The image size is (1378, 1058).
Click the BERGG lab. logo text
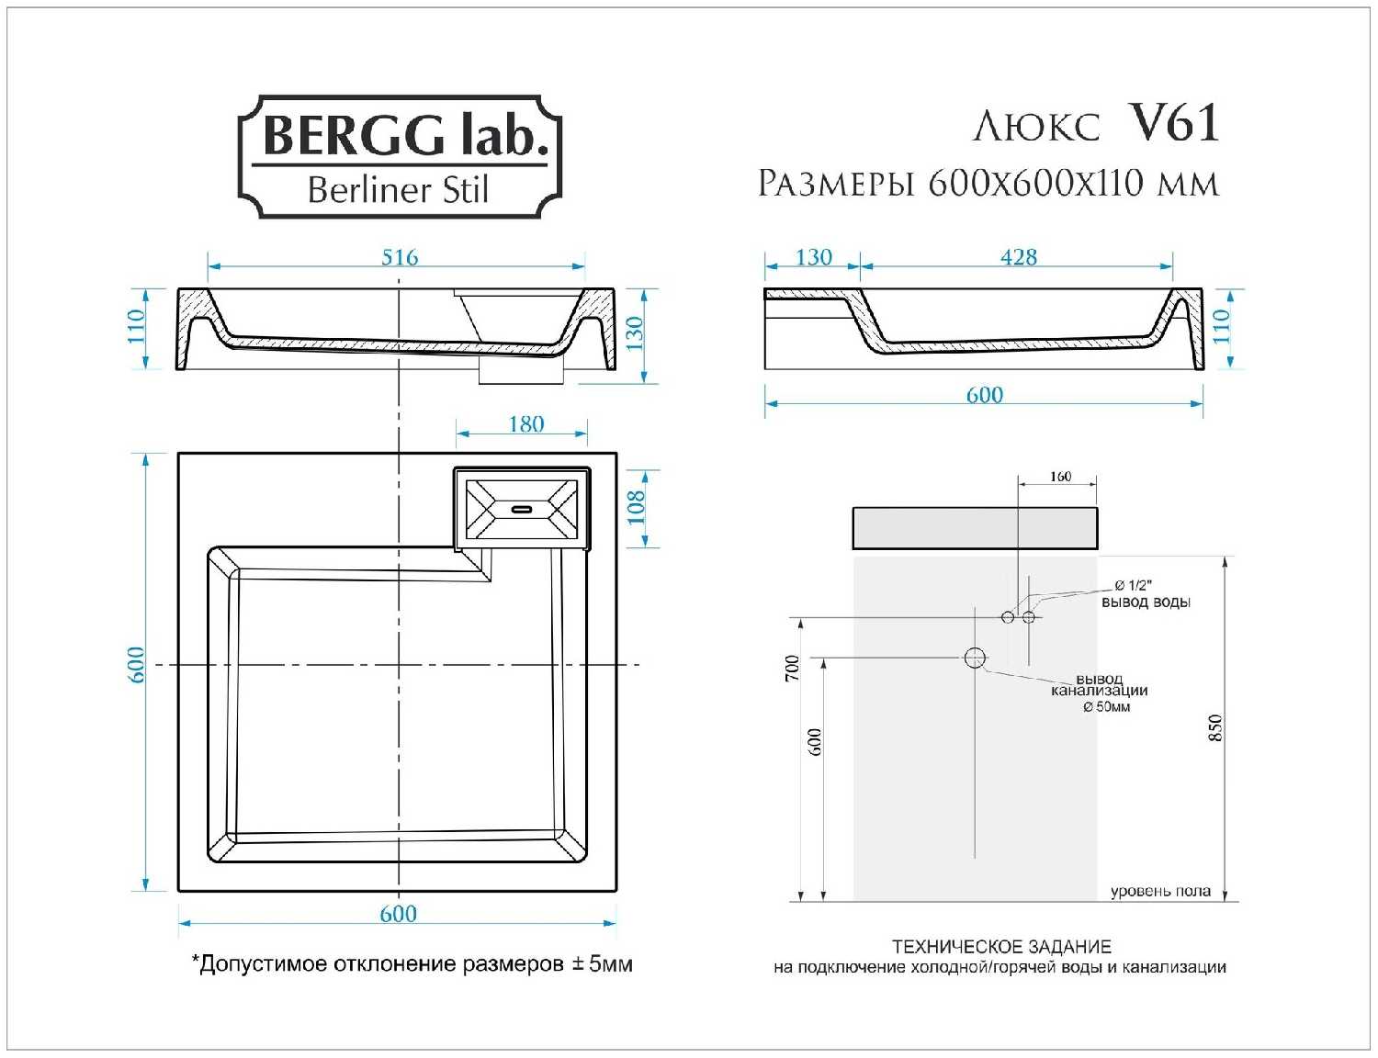pyautogui.click(x=404, y=135)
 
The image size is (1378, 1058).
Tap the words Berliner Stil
pyautogui.click(x=399, y=189)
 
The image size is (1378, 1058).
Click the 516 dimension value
pyautogui.click(x=400, y=257)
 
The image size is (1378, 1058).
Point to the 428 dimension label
pyautogui.click(x=1019, y=257)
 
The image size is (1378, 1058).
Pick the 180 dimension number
pyautogui.click(x=526, y=424)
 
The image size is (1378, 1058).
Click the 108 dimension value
pyautogui.click(x=636, y=508)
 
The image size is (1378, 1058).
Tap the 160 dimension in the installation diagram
pyautogui.click(x=1060, y=476)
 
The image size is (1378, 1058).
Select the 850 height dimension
pyautogui.click(x=1215, y=727)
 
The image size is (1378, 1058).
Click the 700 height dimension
pyautogui.click(x=793, y=669)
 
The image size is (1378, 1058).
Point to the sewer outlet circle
pyautogui.click(x=975, y=658)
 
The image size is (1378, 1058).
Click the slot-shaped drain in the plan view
pyautogui.click(x=521, y=509)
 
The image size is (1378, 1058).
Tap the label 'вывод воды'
pyautogui.click(x=1146, y=602)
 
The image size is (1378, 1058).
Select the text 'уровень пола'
pyautogui.click(x=1160, y=891)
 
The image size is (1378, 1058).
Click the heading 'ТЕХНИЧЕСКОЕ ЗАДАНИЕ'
pyautogui.click(x=1001, y=947)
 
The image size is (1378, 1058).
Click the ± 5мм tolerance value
pyautogui.click(x=602, y=963)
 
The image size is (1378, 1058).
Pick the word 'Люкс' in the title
pyautogui.click(x=1036, y=126)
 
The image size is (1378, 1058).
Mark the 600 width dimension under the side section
pyautogui.click(x=984, y=395)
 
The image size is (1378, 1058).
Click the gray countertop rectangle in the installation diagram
pyautogui.click(x=975, y=528)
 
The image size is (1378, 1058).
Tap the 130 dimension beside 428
pyautogui.click(x=814, y=257)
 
